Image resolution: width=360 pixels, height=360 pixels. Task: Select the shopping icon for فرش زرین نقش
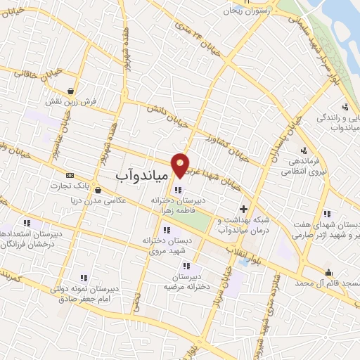click(x=71, y=90)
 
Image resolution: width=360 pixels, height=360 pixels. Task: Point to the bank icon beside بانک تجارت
click(x=69, y=175)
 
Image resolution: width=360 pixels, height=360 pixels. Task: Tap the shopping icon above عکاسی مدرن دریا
click(x=96, y=190)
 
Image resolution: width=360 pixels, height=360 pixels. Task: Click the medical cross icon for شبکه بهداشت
click(x=244, y=209)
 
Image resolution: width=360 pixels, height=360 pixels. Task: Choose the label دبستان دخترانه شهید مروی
click(x=166, y=246)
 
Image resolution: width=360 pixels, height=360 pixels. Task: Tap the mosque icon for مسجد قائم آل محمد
click(x=328, y=272)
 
